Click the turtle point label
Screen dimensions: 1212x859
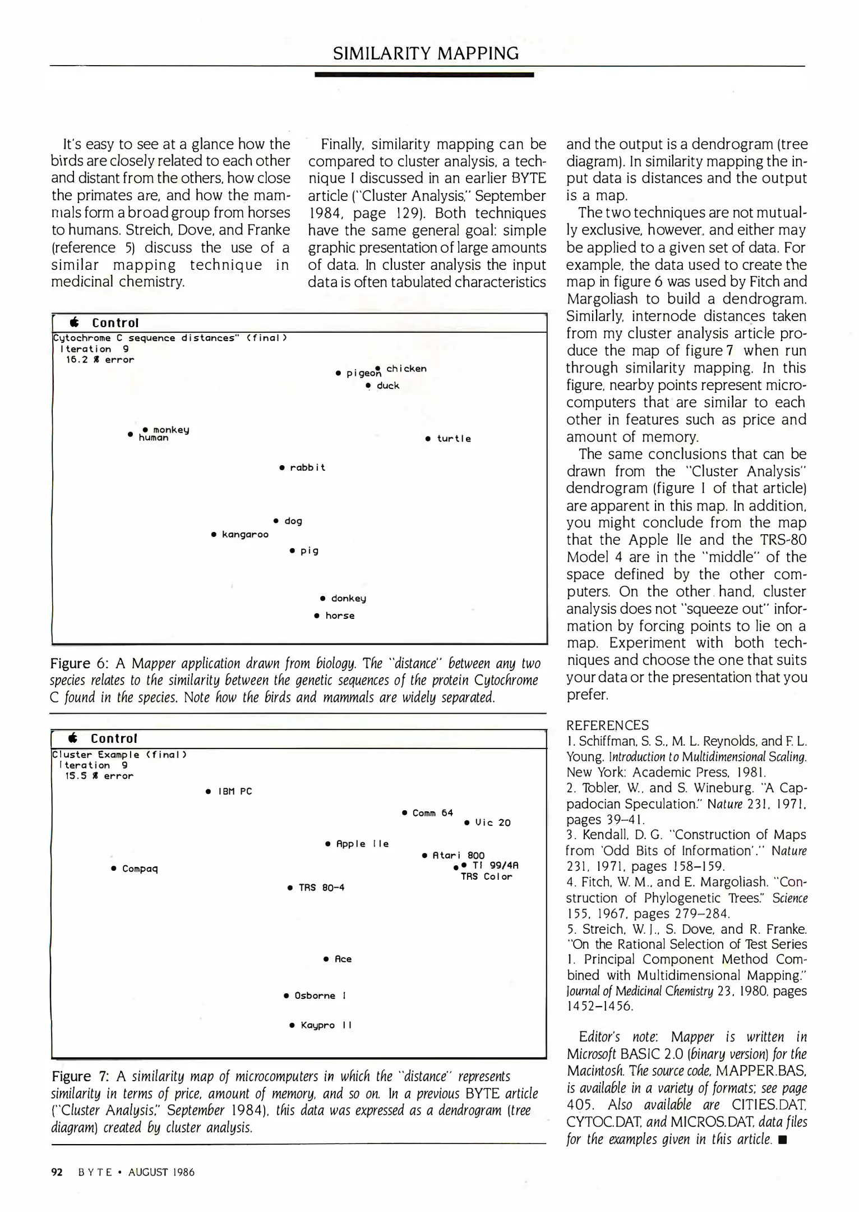tap(454, 439)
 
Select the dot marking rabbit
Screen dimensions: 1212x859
tap(282, 467)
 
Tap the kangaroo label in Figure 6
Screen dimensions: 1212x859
tap(245, 534)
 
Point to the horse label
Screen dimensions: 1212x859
tap(340, 616)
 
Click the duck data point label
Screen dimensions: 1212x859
tap(388, 385)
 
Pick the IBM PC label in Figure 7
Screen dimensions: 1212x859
tap(235, 791)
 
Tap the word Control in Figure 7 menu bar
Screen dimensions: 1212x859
tap(114, 738)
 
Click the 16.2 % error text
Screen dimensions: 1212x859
tap(100, 360)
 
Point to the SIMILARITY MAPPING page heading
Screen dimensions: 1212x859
tap(426, 53)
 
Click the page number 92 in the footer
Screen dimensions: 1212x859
tap(56, 1172)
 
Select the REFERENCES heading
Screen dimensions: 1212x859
tap(607, 726)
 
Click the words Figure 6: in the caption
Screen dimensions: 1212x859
tap(79, 664)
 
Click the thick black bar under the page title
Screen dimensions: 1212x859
tap(424, 74)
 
